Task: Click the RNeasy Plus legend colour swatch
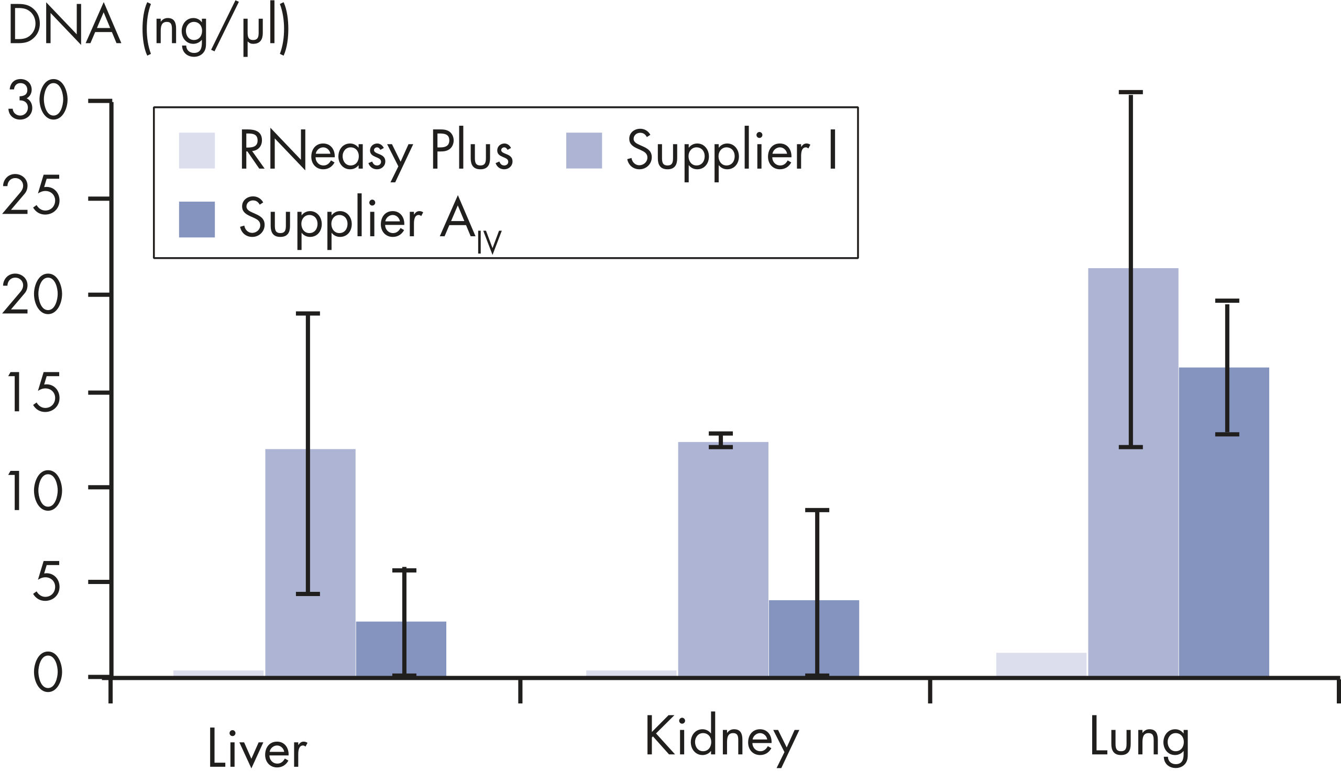pos(197,150)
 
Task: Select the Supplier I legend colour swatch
pos(584,150)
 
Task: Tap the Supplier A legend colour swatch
pos(197,219)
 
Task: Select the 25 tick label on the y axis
pos(32,198)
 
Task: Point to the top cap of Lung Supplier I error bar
pos(1131,93)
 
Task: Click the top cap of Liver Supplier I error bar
pos(307,314)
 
